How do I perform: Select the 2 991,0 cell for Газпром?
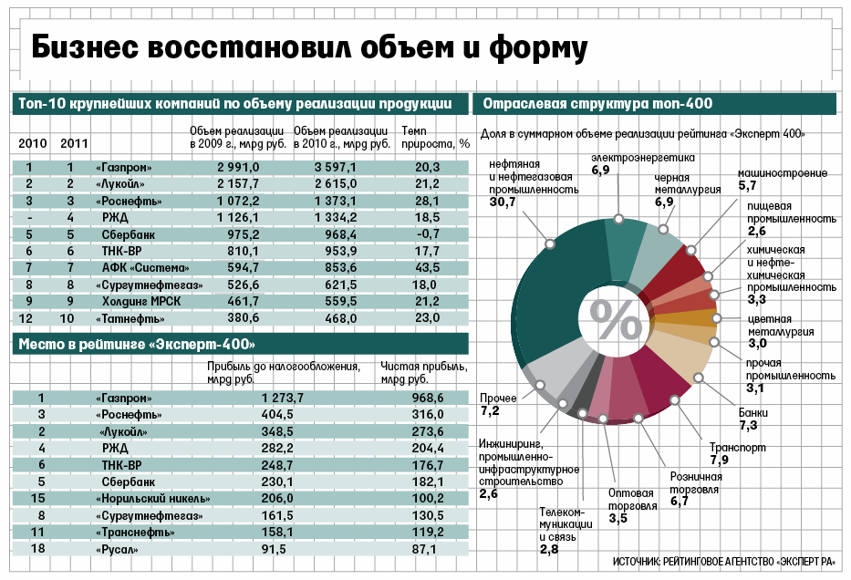(238, 168)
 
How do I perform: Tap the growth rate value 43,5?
(427, 267)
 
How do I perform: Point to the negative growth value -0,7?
(427, 234)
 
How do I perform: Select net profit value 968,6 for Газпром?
(427, 399)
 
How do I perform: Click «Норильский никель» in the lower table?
(153, 498)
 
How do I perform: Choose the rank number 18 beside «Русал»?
(37, 549)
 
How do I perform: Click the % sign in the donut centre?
(616, 317)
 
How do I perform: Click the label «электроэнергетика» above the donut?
(642, 158)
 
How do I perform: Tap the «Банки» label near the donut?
(753, 413)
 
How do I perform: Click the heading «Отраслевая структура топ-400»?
(597, 104)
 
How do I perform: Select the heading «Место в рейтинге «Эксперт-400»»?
(137, 344)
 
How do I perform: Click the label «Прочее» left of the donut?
(498, 399)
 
